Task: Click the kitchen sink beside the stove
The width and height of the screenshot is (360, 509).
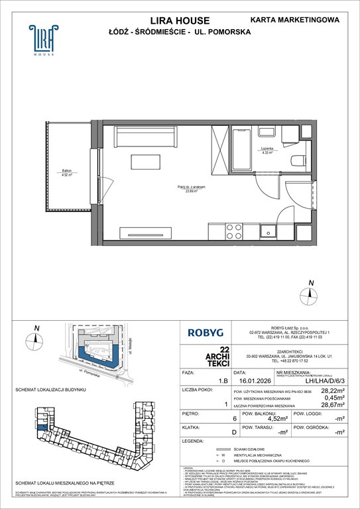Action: point(268,231)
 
